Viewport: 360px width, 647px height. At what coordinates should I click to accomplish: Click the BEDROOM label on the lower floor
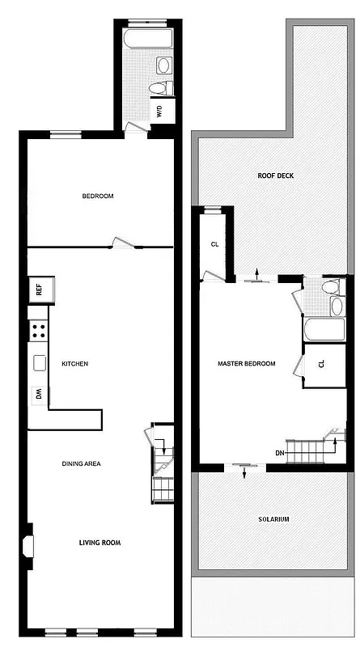(97, 197)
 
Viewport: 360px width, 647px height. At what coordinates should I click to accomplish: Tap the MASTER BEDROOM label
(247, 364)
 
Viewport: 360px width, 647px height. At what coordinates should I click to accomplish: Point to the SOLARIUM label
(273, 519)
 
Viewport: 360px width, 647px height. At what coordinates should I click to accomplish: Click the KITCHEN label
(74, 364)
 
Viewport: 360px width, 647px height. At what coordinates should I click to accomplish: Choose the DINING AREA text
(87, 464)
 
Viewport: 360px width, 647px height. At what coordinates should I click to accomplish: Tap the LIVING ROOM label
(100, 543)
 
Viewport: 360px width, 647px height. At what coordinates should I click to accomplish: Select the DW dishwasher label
(38, 394)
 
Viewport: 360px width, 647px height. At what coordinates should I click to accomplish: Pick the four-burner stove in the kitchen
(38, 330)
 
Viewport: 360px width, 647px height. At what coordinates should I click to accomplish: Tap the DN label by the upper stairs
(279, 452)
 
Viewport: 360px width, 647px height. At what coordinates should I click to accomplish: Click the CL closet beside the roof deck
(214, 244)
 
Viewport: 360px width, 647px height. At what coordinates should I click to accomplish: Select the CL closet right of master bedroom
(321, 365)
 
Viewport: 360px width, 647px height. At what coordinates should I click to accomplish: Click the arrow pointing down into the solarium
(245, 473)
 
